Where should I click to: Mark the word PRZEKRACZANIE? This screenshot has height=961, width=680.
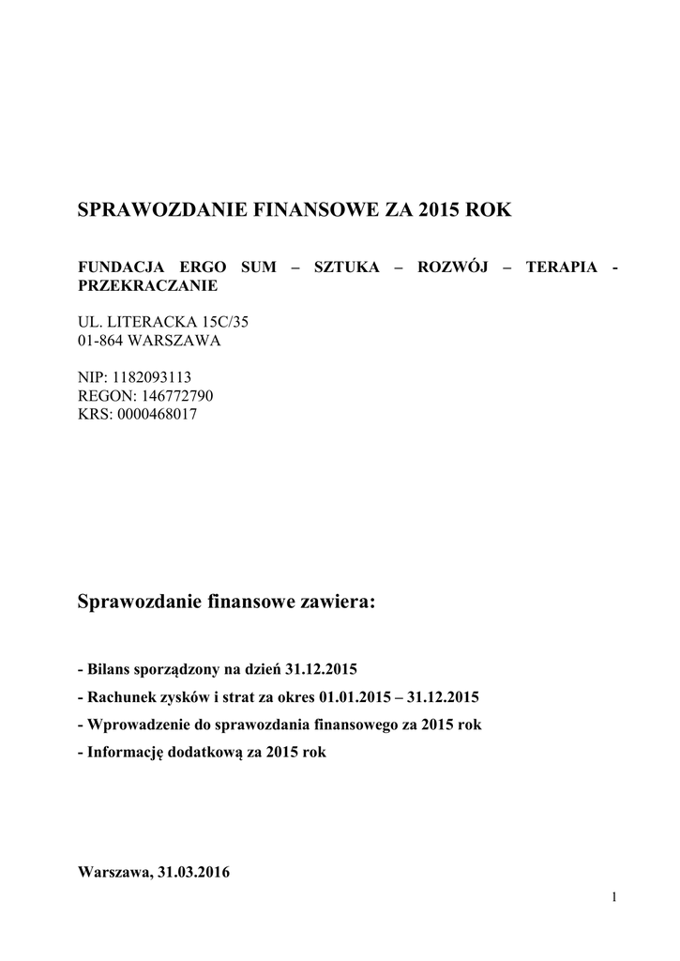coord(147,284)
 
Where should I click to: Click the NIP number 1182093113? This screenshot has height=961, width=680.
coord(152,377)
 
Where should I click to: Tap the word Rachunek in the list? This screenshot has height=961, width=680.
coord(120,698)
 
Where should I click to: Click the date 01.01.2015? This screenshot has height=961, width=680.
coord(355,698)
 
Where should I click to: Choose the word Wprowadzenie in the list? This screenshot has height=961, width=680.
coord(134,725)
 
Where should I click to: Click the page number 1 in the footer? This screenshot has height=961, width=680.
coord(613,899)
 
